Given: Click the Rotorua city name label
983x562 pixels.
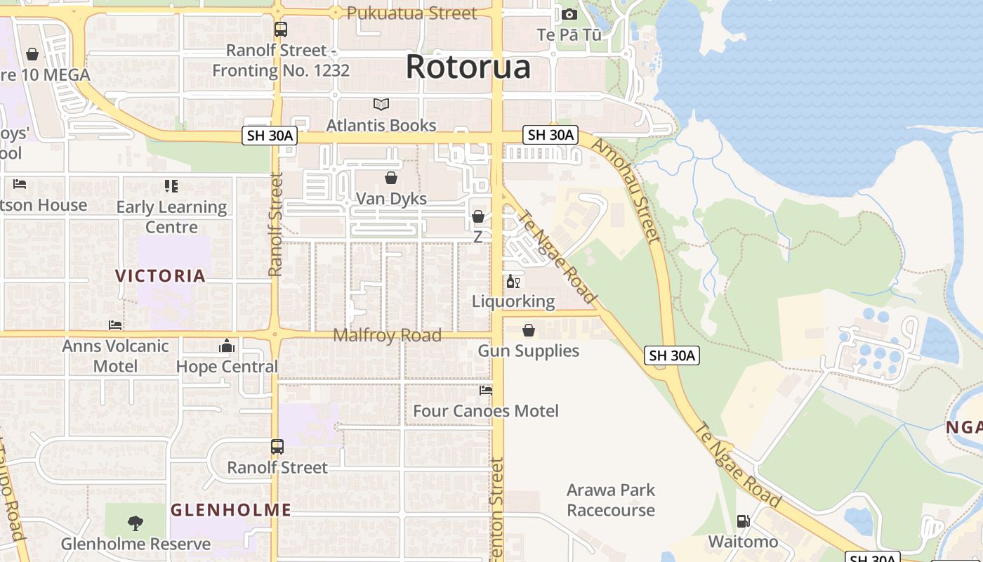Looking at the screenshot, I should pos(468,67).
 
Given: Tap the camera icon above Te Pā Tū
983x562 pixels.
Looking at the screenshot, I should pos(569,14).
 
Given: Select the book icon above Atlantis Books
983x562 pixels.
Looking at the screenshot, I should pos(381,105).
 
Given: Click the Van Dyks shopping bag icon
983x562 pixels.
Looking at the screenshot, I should pos(391,178).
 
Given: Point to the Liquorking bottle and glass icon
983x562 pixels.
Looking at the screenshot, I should pos(513,282).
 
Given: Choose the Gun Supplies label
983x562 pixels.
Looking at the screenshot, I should pos(529,351).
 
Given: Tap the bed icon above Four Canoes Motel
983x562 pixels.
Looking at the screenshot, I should pos(486,391).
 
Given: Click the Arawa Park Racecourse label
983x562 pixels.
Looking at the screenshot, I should pos(611,500).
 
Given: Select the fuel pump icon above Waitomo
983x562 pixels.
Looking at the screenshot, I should pos(743,521).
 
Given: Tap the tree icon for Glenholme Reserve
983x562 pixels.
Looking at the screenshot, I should pos(136,523).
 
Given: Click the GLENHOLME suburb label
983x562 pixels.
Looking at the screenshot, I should pos(231,510).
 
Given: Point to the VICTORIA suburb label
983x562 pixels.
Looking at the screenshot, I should pos(161,275).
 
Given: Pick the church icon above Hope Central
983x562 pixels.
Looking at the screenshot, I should pos(226,346).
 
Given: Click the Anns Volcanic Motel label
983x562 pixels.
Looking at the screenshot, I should pos(116,355).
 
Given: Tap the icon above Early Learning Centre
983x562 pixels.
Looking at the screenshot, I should pos(171,186).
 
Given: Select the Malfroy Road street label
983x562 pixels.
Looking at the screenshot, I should pos(387,335).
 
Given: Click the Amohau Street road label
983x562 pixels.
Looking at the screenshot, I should pos(626,190).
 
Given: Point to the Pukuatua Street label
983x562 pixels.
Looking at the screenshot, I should pos(411,13).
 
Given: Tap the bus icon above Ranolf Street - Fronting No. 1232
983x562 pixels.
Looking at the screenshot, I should pos(281,30).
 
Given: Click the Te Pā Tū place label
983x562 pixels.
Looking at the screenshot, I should pos(569,34).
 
